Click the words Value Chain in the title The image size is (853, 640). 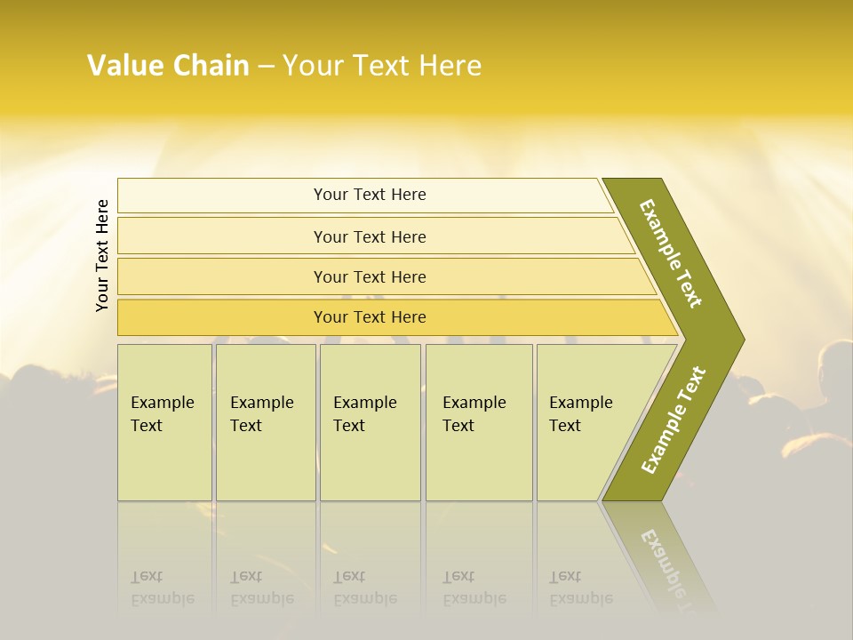[168, 66]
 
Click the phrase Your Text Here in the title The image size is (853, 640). [382, 66]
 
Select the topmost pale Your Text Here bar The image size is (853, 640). [369, 195]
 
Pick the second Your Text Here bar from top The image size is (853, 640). [369, 236]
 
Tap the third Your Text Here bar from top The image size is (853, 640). [369, 276]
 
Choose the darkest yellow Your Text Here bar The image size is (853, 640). [369, 317]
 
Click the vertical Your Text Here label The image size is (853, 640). [103, 255]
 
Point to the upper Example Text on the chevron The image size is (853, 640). [672, 253]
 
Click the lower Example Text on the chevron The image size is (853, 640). [674, 420]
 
